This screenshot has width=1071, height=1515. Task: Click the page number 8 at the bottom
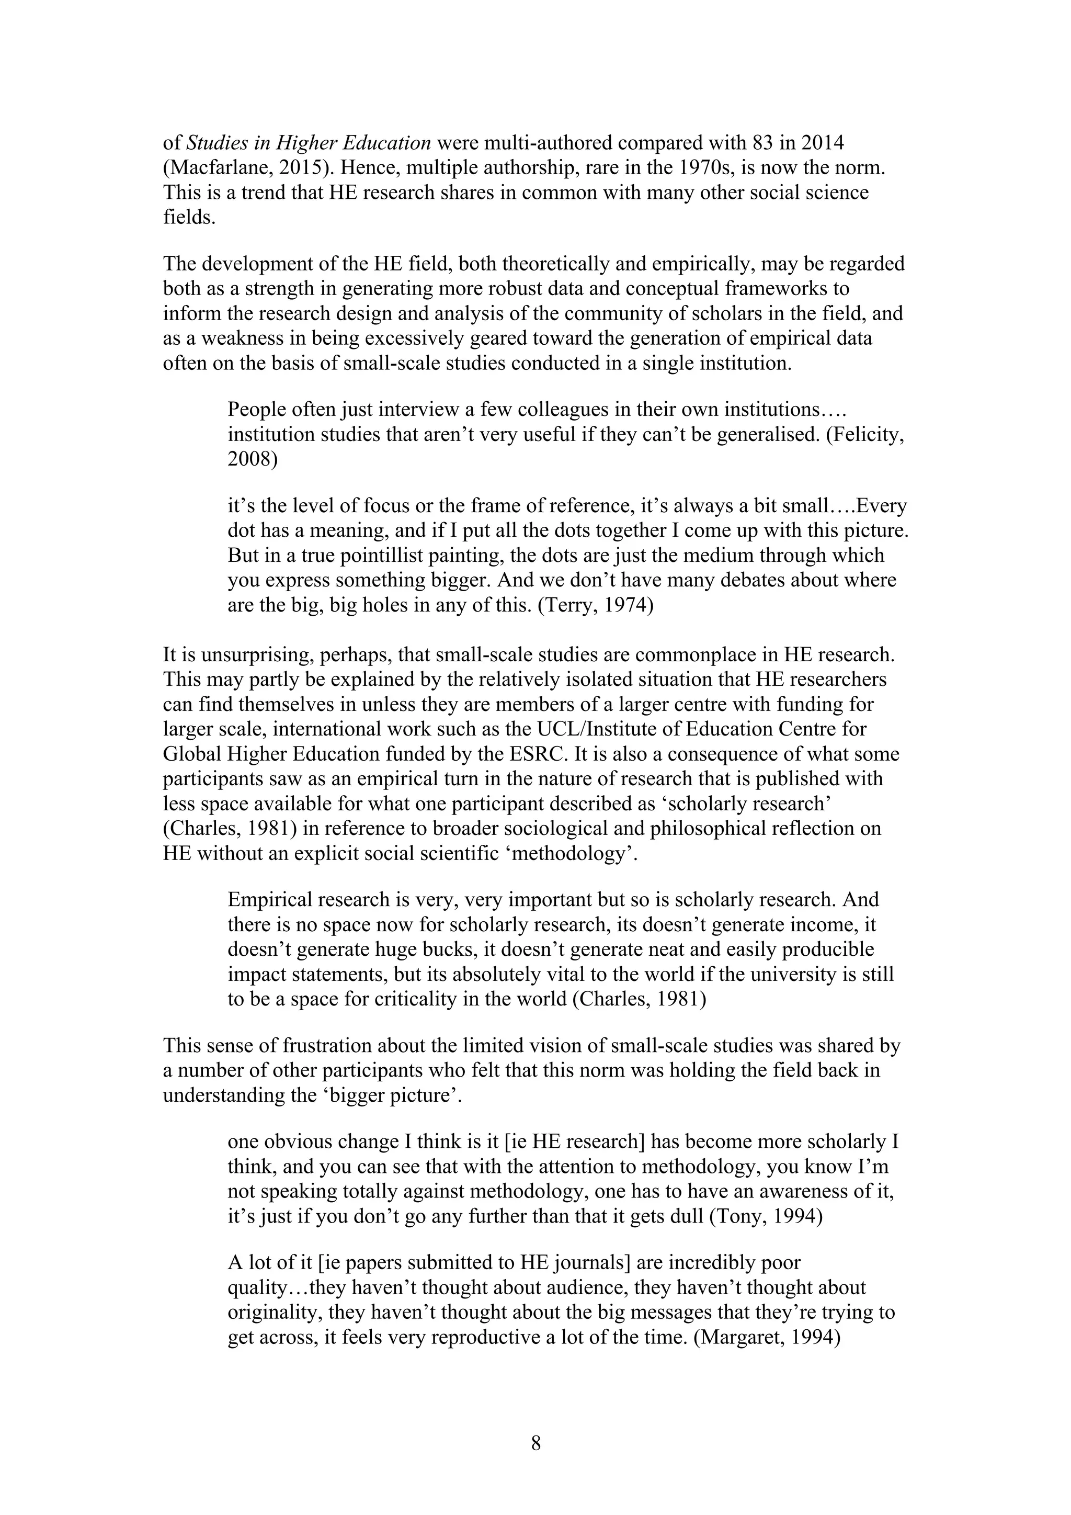[535, 1443]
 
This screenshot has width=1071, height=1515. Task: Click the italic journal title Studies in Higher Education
[309, 142]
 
